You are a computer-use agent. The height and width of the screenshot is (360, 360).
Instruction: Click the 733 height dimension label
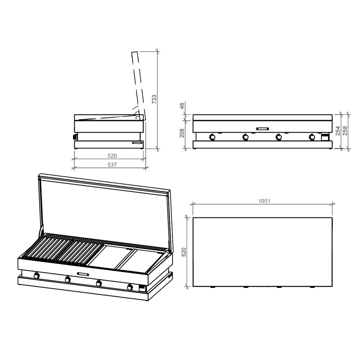[154, 99]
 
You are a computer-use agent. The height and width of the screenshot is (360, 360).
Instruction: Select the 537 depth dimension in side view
[112, 165]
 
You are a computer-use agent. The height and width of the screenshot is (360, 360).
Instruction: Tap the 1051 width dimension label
[264, 201]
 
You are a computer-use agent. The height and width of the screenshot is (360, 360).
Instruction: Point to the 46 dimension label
[181, 106]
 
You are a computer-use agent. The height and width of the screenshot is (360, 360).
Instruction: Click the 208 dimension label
[182, 133]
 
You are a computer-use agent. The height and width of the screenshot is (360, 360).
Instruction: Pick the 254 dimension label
[338, 131]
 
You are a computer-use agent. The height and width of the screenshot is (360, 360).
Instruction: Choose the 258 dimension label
[345, 131]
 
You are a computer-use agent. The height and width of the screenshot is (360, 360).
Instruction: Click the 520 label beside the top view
[184, 252]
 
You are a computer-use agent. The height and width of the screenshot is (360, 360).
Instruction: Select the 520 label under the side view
[112, 156]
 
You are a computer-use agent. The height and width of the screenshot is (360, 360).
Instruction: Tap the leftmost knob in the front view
[212, 137]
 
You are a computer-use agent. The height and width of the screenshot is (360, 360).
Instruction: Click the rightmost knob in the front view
[312, 137]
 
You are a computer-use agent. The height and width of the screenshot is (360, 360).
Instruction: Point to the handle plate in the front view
[263, 129]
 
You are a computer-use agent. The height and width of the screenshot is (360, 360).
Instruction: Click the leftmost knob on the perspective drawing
[36, 275]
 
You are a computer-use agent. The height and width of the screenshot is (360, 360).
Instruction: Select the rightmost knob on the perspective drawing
[130, 287]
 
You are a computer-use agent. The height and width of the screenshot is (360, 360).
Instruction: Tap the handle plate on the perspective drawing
[83, 274]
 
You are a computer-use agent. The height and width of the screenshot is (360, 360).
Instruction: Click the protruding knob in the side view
[75, 137]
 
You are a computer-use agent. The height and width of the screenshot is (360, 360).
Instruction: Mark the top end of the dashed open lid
[135, 52]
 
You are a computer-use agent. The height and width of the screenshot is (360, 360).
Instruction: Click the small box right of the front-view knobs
[325, 137]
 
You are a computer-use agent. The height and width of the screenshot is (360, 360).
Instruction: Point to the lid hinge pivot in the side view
[136, 118]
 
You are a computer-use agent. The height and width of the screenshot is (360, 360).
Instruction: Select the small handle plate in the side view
[137, 143]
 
